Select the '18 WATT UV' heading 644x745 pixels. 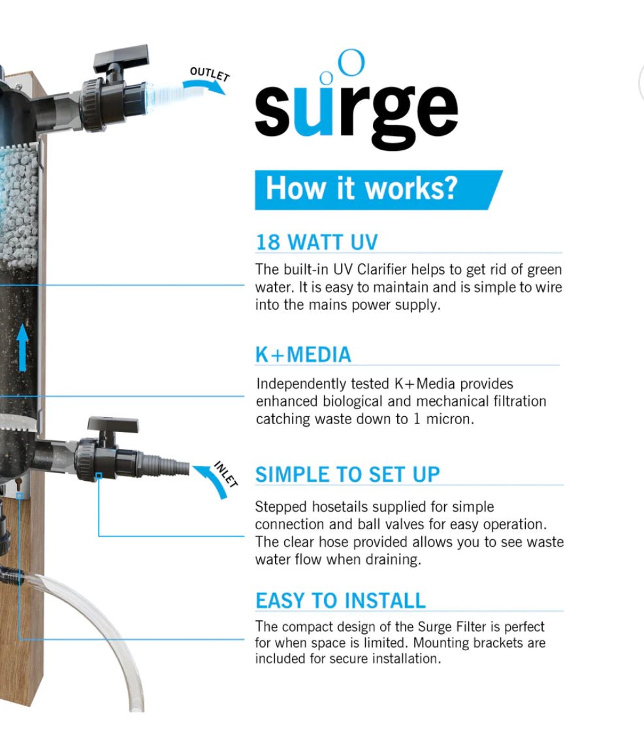(316, 242)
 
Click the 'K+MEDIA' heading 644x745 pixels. (303, 354)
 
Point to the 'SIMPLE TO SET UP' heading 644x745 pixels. (347, 474)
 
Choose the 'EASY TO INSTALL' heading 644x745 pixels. (340, 601)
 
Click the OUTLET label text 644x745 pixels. (209, 74)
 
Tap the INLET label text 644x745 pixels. (226, 474)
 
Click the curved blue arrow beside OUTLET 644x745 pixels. (203, 87)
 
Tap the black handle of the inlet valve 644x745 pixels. (112, 425)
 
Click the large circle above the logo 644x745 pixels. (353, 63)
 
